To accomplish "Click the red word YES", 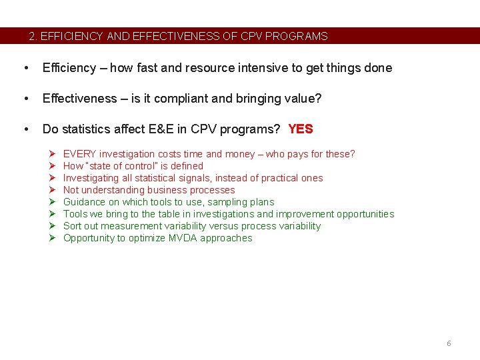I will (300, 129).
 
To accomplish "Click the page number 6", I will (449, 343).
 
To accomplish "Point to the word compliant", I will (169, 99).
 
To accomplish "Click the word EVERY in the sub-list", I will (79, 154).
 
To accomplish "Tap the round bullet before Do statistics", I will (25, 129).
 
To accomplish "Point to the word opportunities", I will (365, 214).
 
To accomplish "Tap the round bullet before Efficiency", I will (25, 68).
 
